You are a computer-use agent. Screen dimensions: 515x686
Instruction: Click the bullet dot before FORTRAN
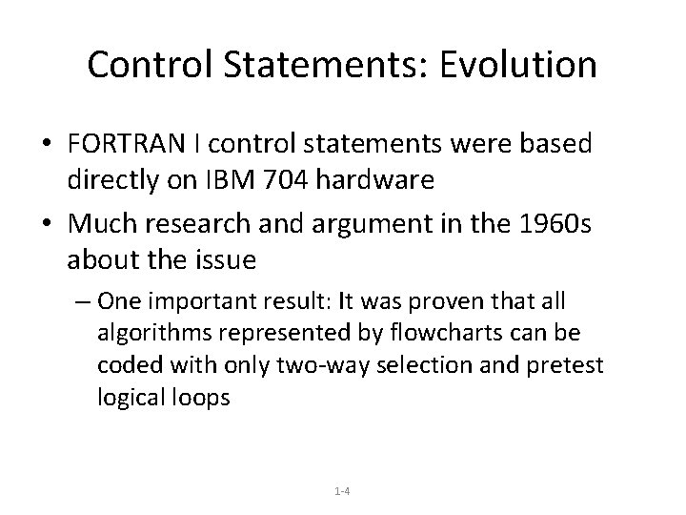tap(46, 145)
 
